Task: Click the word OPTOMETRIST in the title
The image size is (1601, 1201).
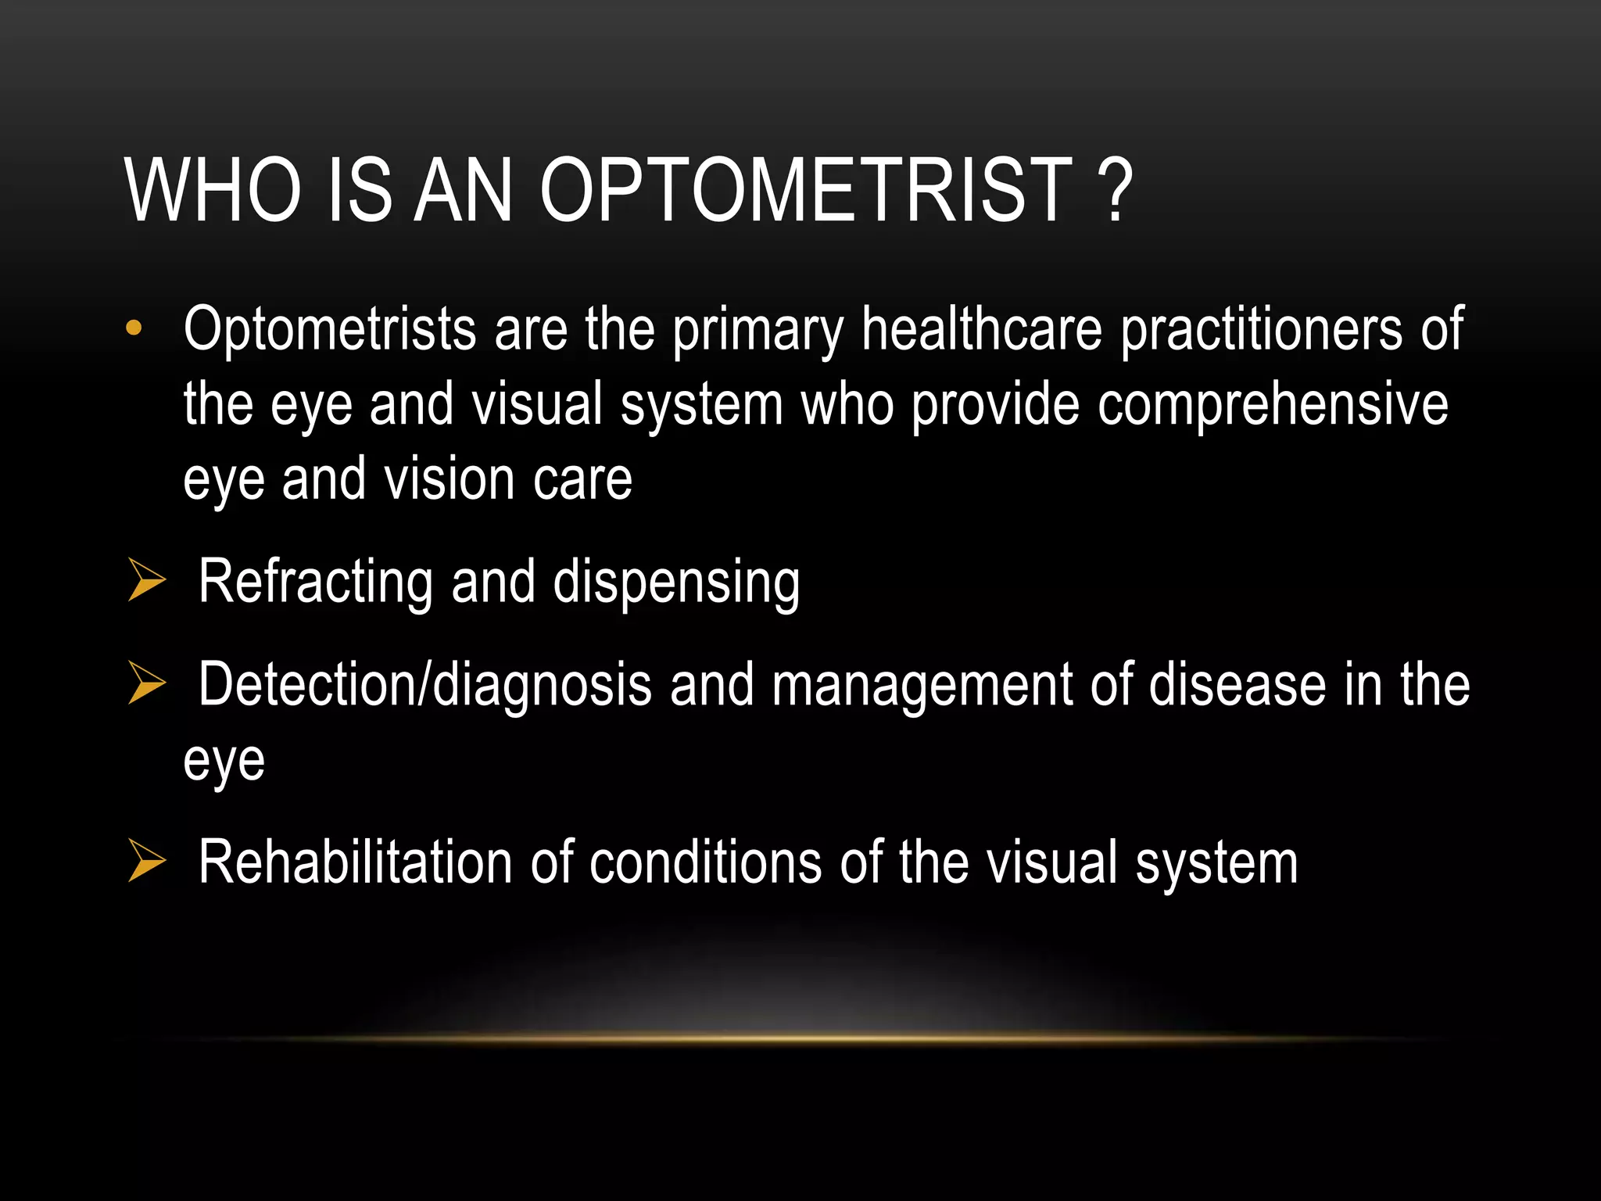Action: point(806,190)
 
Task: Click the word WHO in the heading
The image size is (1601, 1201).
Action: point(213,190)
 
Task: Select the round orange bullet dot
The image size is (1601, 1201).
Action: point(134,328)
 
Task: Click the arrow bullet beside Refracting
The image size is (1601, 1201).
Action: point(146,581)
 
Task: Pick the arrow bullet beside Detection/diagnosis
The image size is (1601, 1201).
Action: point(146,683)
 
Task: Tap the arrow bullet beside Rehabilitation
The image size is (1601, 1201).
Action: point(146,861)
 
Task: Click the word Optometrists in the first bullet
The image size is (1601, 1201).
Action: point(329,330)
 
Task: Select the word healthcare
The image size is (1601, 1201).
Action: point(982,330)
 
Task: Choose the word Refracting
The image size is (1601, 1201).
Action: point(315,583)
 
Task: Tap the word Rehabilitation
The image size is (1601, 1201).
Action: point(355,862)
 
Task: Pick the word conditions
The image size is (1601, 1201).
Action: point(705,862)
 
